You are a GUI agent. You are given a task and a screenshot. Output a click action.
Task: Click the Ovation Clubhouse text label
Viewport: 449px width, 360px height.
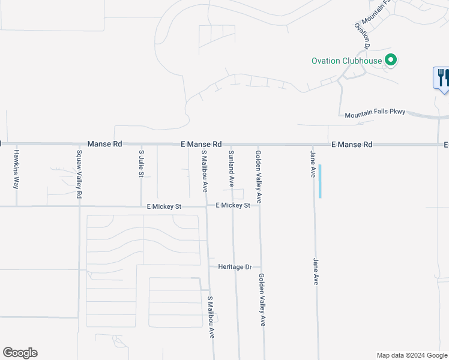coord(347,61)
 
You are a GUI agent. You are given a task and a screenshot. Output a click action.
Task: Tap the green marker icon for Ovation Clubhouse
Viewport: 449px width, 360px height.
coord(391,60)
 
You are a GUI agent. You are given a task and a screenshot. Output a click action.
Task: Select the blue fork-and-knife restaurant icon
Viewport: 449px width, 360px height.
coord(442,78)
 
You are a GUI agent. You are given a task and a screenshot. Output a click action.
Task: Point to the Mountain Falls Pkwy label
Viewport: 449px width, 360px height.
coord(376,113)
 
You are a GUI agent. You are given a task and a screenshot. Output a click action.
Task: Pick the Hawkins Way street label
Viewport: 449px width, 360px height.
coord(16,169)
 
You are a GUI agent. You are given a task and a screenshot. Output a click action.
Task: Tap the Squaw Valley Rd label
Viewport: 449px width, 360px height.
coord(79,175)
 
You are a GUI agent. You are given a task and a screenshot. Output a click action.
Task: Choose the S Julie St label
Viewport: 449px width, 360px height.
coord(142,163)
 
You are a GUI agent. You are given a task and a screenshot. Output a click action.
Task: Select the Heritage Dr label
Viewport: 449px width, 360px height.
coord(234,266)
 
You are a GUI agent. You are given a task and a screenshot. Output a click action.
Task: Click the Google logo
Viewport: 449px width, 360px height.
coord(20,353)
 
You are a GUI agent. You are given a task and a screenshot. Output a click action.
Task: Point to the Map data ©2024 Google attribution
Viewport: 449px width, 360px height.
coord(411,355)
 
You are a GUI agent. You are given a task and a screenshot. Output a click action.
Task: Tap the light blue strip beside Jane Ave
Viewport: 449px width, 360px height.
coord(320,181)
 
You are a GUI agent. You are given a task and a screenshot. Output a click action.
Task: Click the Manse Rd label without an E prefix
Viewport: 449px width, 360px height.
coord(104,144)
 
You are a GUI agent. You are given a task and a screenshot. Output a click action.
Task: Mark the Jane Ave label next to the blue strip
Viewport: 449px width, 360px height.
coord(313,164)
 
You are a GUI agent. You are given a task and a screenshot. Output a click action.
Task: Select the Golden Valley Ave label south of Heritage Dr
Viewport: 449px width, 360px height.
coord(262,300)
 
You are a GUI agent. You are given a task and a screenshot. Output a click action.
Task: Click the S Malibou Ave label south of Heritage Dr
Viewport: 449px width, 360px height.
coord(211,317)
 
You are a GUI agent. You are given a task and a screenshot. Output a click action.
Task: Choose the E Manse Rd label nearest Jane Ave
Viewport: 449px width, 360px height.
coord(352,145)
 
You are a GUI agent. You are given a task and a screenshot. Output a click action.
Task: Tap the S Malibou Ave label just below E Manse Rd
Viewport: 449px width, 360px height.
coord(204,171)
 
